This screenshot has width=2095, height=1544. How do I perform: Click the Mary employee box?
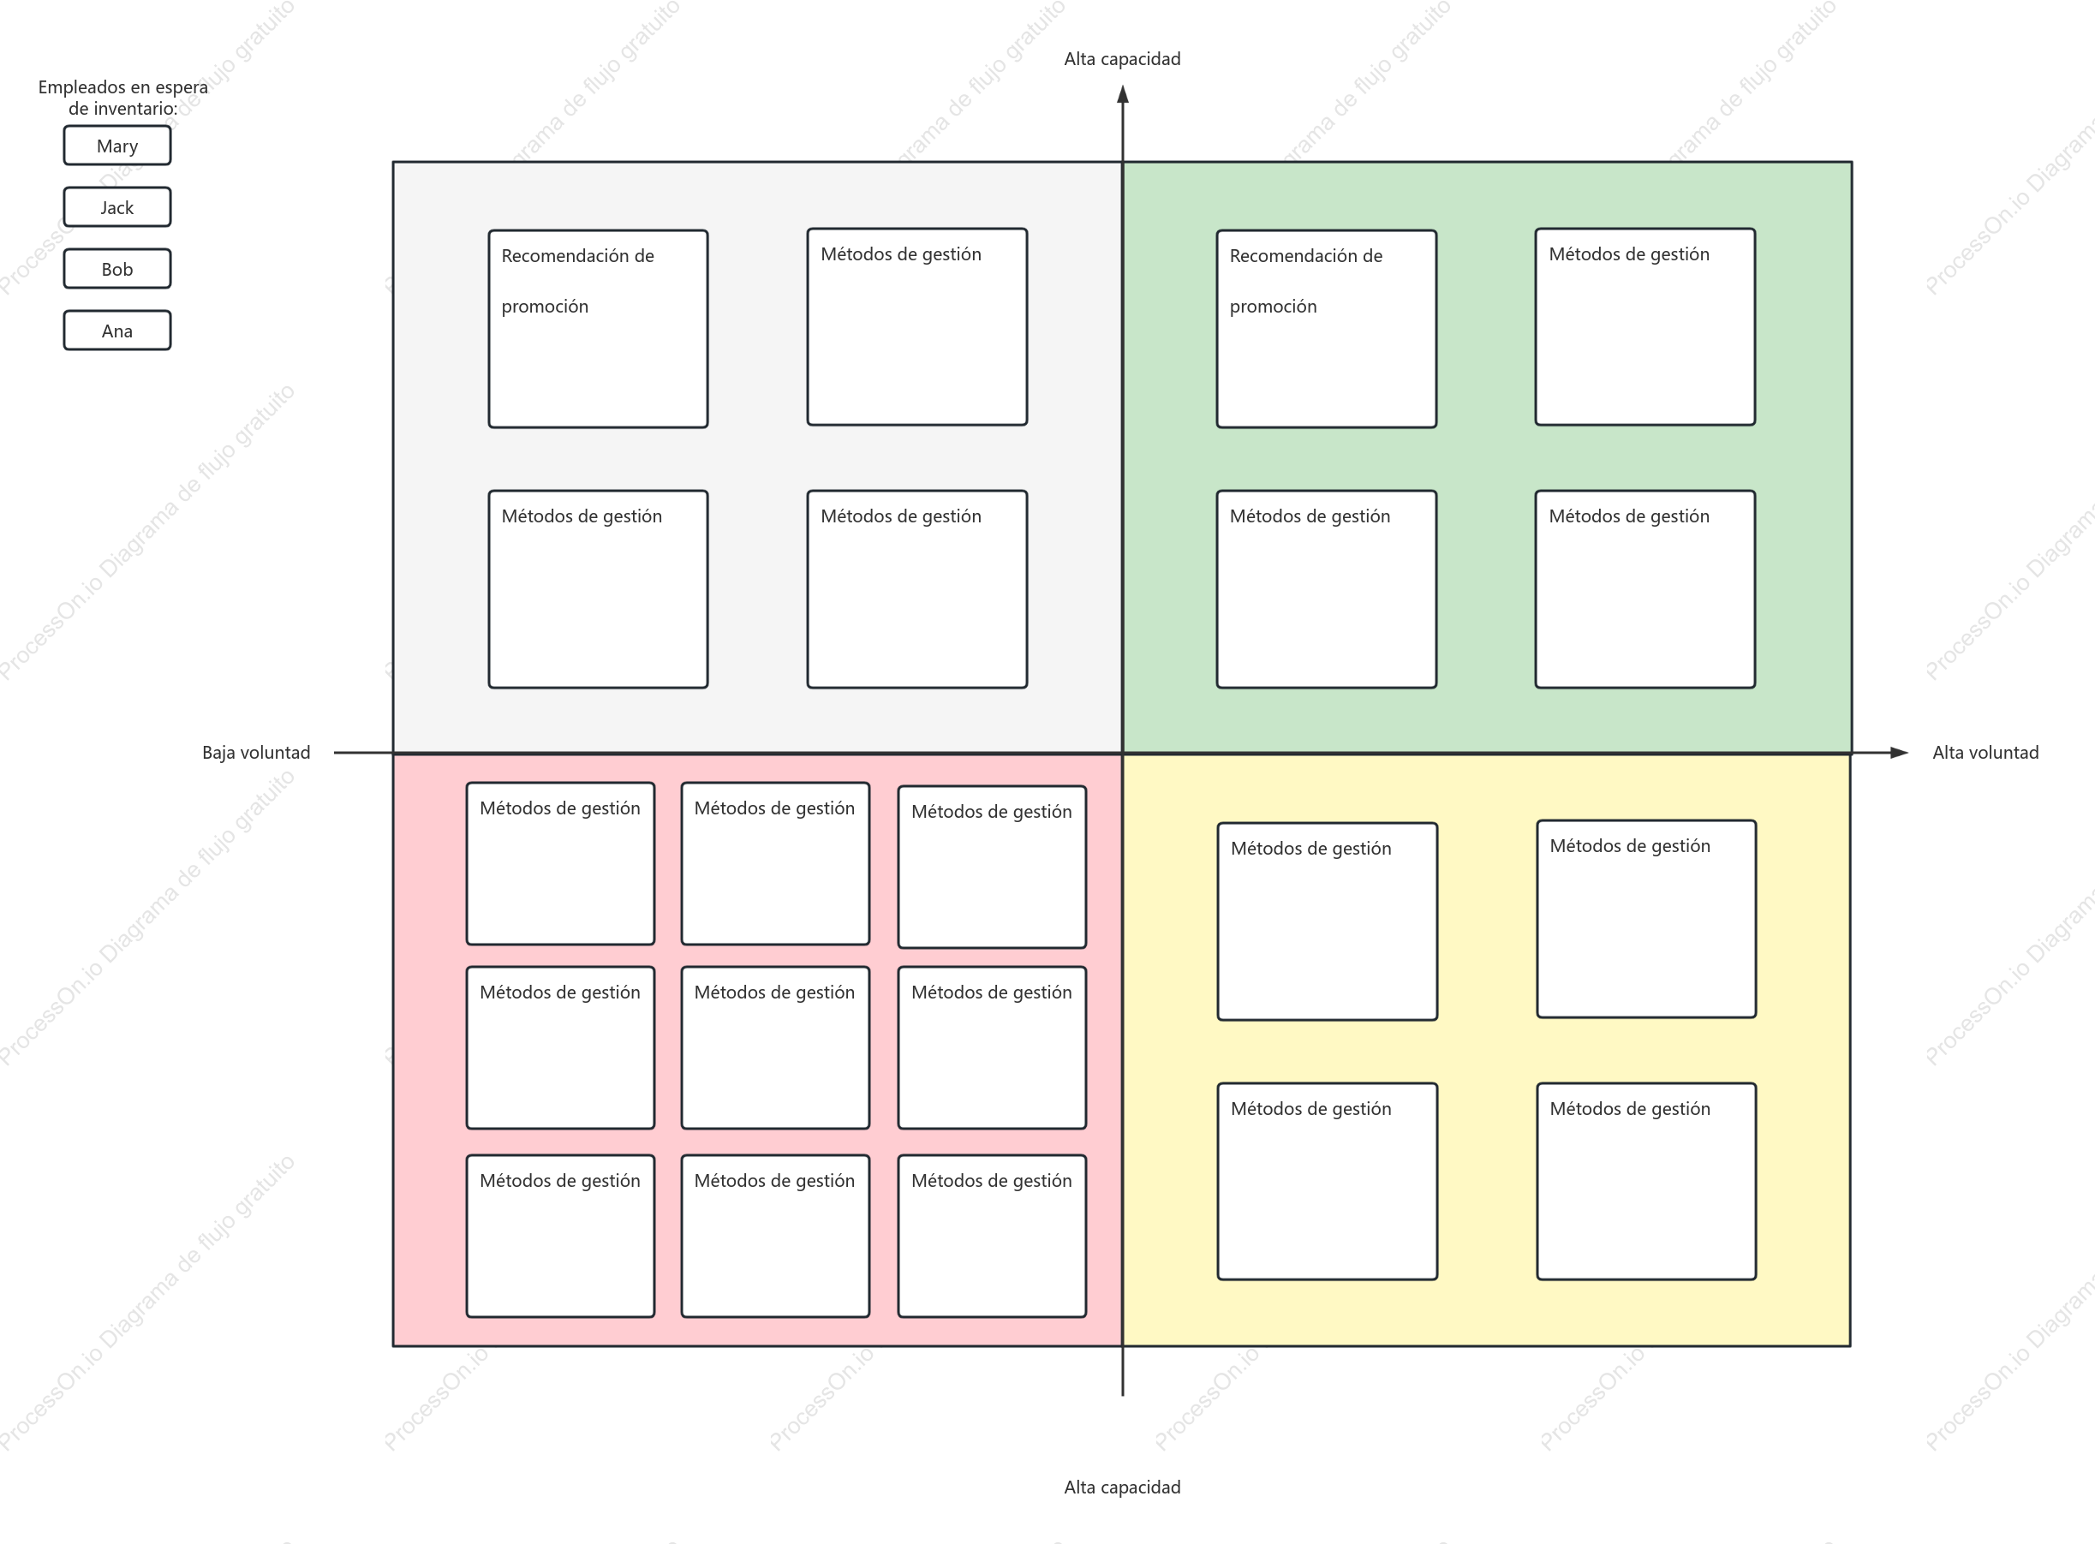click(x=116, y=146)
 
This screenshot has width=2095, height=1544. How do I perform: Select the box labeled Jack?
click(x=116, y=207)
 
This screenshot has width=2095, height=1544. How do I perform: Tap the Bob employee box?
click(x=116, y=269)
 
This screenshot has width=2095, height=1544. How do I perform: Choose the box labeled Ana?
click(x=116, y=331)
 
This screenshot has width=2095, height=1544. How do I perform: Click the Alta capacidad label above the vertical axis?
click(x=1122, y=59)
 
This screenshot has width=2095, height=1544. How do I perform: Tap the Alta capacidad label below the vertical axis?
click(x=1122, y=1487)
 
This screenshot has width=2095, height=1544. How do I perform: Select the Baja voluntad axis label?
click(x=256, y=753)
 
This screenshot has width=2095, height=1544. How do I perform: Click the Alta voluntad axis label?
click(x=1985, y=753)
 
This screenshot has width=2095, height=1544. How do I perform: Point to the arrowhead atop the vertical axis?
click(x=1123, y=93)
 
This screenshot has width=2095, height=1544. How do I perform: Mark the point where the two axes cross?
click(x=1123, y=753)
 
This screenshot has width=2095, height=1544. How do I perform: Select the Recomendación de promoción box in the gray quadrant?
click(x=599, y=329)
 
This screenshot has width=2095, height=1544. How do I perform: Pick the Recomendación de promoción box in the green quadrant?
click(x=1327, y=329)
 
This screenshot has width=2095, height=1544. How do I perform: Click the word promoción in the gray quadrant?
click(x=545, y=307)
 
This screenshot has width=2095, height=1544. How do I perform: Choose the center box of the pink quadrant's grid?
click(x=775, y=1047)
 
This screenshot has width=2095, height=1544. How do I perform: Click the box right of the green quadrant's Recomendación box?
click(x=1645, y=327)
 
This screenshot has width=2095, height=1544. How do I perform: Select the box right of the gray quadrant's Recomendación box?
click(x=917, y=327)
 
